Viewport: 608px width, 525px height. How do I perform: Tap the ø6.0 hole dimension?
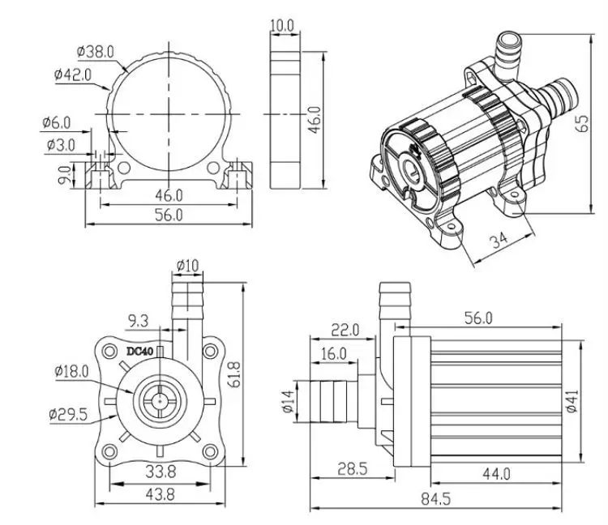point(58,122)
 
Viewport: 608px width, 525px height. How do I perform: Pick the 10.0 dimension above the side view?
point(283,26)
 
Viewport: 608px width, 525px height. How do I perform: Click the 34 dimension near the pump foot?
point(499,241)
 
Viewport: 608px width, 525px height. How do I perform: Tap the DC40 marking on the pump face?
point(139,351)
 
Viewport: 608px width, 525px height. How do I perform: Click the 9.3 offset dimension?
point(139,321)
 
